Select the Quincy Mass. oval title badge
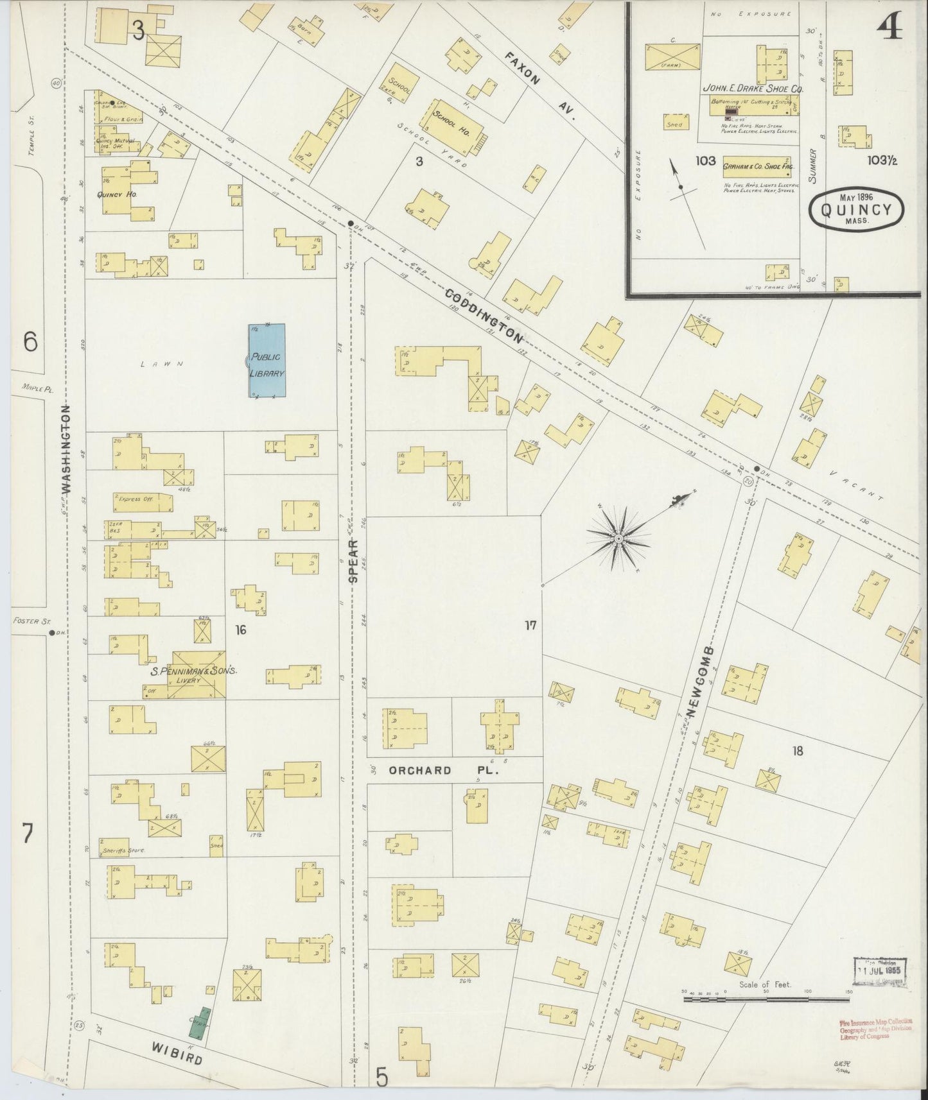coord(855,211)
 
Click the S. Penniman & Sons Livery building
coord(195,675)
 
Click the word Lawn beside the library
coord(162,364)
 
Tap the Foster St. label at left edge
coord(26,621)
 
